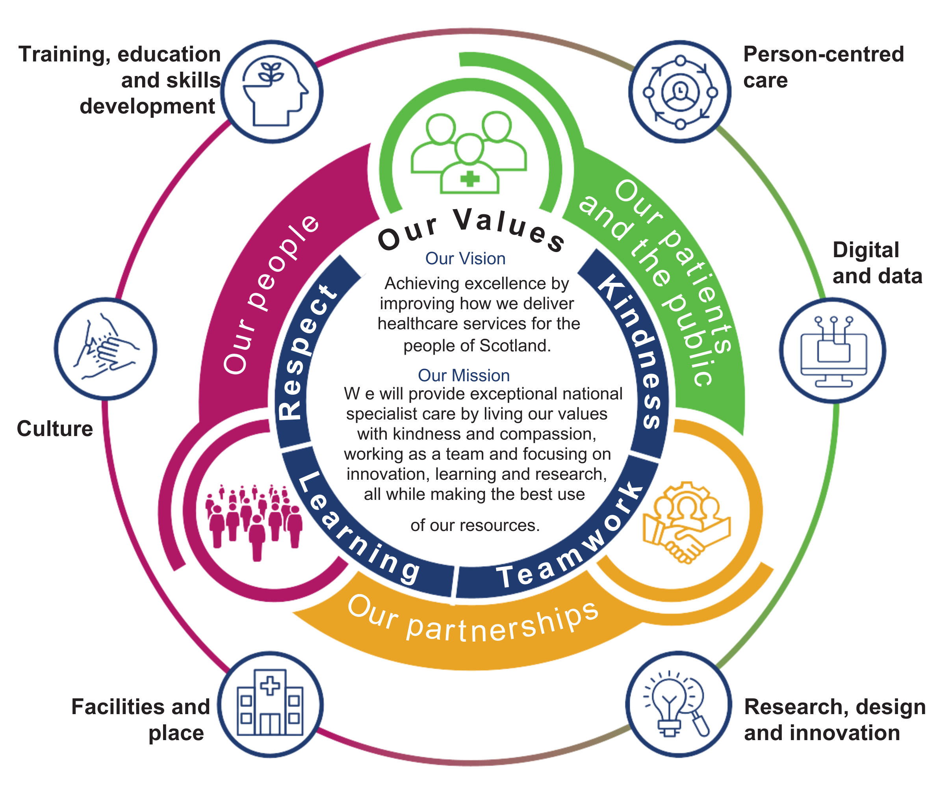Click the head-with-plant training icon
click(x=273, y=92)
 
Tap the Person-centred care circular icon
click(x=679, y=92)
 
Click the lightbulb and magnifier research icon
click(x=678, y=705)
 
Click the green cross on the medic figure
click(x=469, y=179)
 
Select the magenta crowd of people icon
click(x=253, y=520)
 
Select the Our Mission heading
click(x=464, y=376)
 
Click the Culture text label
click(x=55, y=429)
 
